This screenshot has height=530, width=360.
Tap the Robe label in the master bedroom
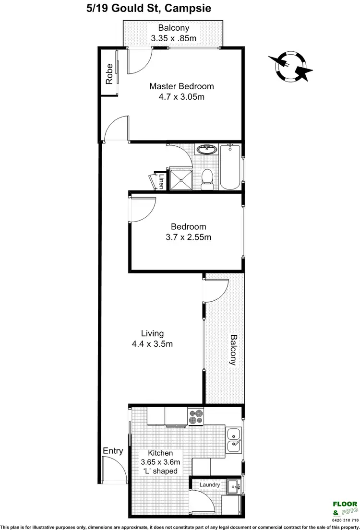coord(109,74)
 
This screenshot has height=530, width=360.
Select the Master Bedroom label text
coord(181,86)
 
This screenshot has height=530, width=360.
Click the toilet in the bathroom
coord(207,177)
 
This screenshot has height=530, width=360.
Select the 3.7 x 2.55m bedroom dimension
coord(189,237)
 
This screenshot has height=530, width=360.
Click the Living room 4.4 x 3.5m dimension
coord(152,343)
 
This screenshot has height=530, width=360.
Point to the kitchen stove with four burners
coord(196,416)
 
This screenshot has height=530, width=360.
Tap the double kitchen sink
coord(234,440)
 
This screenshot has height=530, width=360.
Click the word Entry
coord(113,451)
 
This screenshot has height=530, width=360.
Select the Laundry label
coord(210,485)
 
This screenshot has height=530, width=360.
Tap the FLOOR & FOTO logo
coord(345,507)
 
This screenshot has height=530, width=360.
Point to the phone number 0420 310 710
coord(345,519)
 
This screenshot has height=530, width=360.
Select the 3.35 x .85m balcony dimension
coord(174,38)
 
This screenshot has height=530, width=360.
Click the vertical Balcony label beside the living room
coord(233,350)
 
